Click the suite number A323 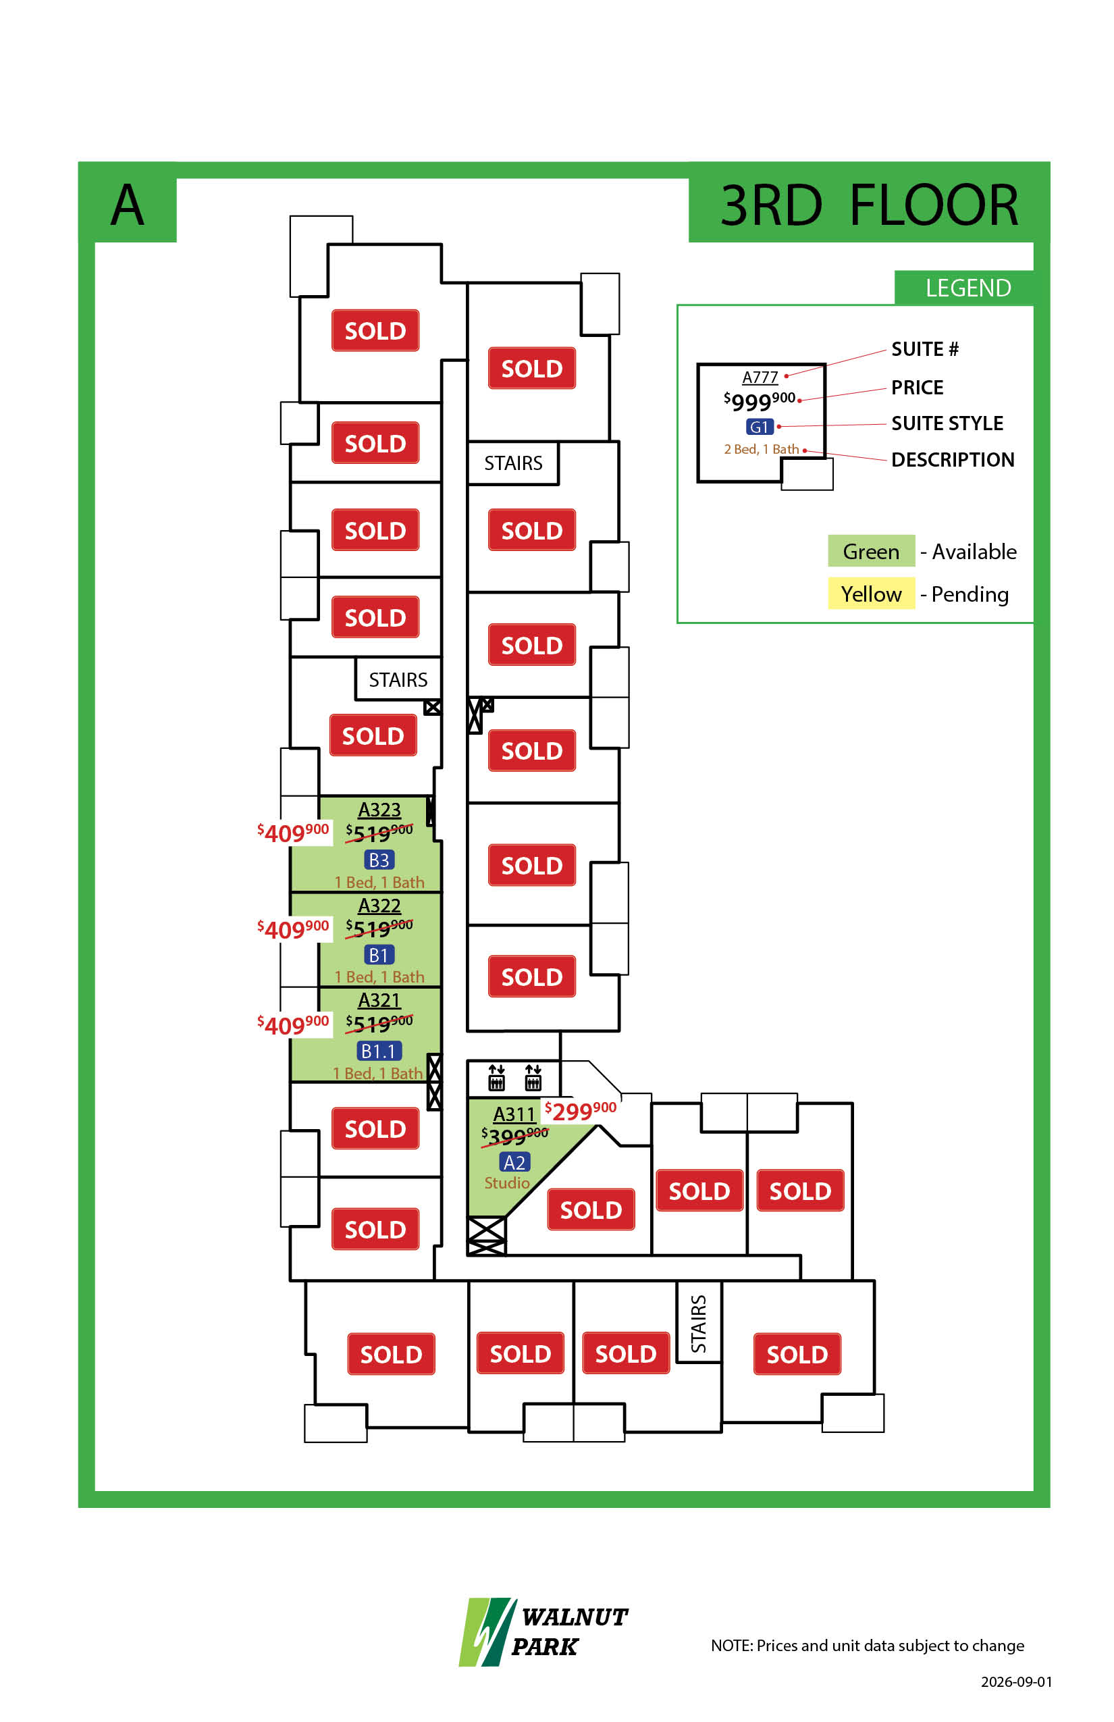click(379, 810)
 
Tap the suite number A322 click(379, 905)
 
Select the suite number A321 click(379, 1000)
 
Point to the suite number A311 click(514, 1114)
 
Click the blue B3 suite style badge click(379, 860)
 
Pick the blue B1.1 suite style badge click(379, 1051)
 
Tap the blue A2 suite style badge click(514, 1162)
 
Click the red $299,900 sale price click(580, 1111)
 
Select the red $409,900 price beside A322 click(293, 929)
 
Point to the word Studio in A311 click(507, 1182)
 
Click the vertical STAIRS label click(698, 1324)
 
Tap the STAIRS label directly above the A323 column click(398, 679)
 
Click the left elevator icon click(496, 1077)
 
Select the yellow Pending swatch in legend click(871, 594)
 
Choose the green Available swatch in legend click(871, 551)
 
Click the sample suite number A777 click(760, 377)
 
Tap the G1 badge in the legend click(760, 427)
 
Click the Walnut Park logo click(543, 1631)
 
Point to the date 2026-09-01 click(1016, 1681)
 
